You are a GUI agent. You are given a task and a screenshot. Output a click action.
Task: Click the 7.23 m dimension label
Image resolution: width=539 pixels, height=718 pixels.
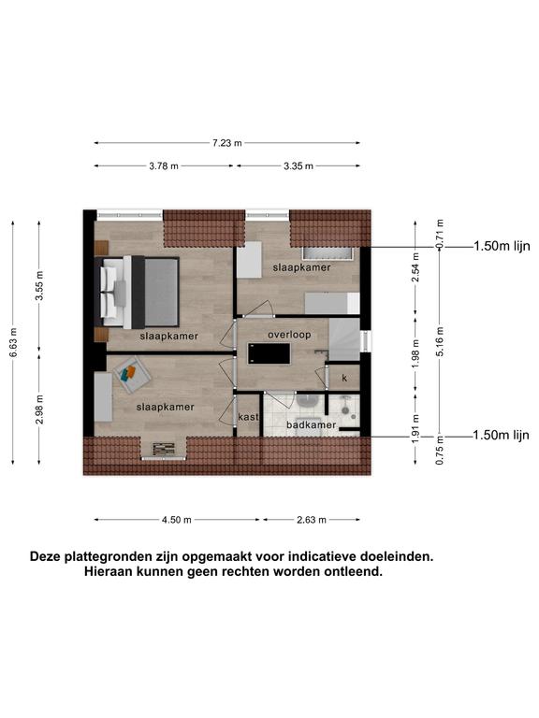(x=226, y=143)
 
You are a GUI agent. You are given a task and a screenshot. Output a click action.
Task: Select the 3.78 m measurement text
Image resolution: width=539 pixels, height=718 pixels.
(x=164, y=166)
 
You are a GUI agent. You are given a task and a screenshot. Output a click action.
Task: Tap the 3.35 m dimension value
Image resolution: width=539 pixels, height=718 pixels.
(x=299, y=166)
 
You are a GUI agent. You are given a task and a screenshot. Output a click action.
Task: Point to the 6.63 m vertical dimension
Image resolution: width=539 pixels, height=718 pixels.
(x=13, y=342)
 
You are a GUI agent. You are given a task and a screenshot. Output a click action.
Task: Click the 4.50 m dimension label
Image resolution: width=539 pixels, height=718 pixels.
(x=177, y=520)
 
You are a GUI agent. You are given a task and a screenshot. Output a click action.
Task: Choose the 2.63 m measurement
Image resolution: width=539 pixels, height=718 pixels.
(x=312, y=520)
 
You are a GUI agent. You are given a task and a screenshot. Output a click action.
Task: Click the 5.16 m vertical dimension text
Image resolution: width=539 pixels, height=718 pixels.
(x=440, y=341)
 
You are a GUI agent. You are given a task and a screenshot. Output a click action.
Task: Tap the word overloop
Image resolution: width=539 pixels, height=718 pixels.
(x=289, y=335)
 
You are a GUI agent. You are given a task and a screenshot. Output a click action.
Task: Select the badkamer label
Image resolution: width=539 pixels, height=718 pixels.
(x=312, y=425)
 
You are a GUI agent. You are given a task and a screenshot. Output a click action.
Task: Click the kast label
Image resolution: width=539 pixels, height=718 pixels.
(x=248, y=417)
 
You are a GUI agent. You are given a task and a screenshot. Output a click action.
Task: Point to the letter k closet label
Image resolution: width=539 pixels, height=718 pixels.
(x=344, y=379)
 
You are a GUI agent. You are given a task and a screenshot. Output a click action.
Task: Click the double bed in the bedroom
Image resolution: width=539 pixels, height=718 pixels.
(x=137, y=292)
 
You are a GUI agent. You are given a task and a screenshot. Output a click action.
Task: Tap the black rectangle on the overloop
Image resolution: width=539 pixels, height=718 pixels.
(x=269, y=354)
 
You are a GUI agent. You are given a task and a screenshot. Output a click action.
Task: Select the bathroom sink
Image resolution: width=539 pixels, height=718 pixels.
(x=308, y=401)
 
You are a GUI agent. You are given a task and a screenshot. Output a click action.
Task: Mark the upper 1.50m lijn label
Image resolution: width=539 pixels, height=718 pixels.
(x=502, y=247)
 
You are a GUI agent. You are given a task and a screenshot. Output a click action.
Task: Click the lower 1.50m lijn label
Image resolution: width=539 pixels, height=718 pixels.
(x=501, y=435)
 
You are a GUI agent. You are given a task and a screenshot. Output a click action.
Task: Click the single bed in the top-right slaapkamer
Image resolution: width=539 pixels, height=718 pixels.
(x=332, y=304)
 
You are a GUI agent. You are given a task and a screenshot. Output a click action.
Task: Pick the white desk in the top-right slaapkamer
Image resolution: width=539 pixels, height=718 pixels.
(x=249, y=260)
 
